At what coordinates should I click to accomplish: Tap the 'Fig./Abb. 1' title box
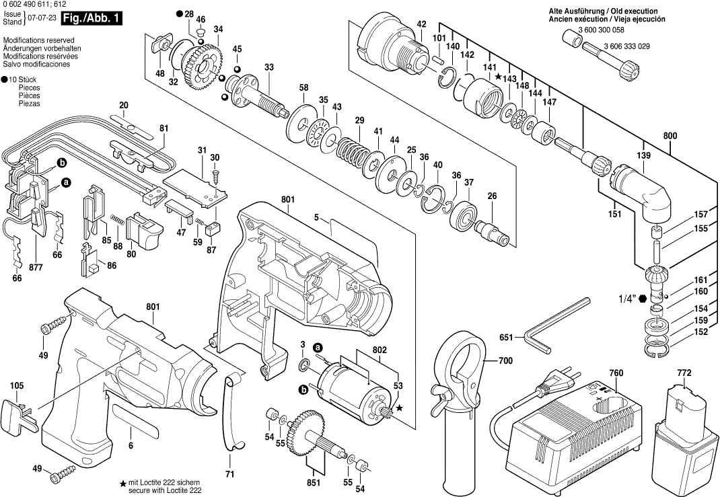tap(91, 19)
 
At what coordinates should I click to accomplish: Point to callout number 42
tap(422, 25)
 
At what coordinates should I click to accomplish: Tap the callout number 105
tap(17, 386)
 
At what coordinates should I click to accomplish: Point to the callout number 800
tap(670, 137)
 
